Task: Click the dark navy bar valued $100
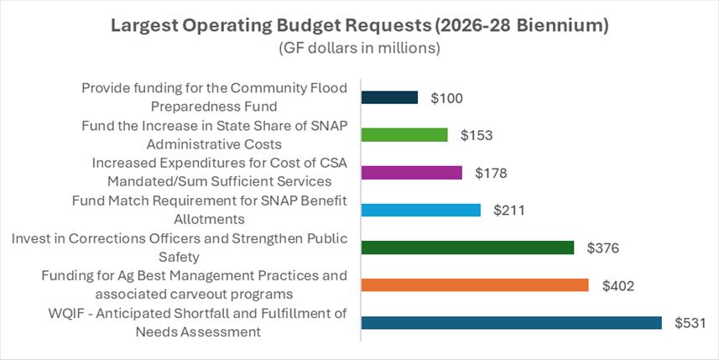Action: pyautogui.click(x=389, y=97)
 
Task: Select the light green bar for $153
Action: pyautogui.click(x=404, y=135)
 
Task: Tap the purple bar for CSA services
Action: pyautogui.click(x=411, y=172)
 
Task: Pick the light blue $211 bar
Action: pyautogui.click(x=420, y=210)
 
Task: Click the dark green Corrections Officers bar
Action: pyautogui.click(x=467, y=248)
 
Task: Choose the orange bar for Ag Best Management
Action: pyautogui.click(x=474, y=285)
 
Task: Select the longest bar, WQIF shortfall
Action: pyautogui.click(x=511, y=323)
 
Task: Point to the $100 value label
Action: pyautogui.click(x=446, y=98)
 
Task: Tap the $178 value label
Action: pyautogui.click(x=490, y=173)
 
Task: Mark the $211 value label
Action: pyautogui.click(x=508, y=211)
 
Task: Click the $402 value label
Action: pyautogui.click(x=617, y=285)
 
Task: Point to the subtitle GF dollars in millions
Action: pyautogui.click(x=359, y=49)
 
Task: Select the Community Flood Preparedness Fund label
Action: pyautogui.click(x=214, y=97)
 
